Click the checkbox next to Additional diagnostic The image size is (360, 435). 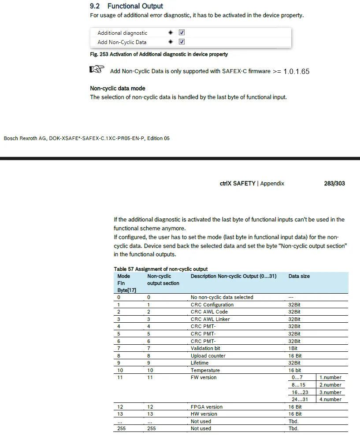click(182, 33)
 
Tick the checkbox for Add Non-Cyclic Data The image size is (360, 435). click(182, 42)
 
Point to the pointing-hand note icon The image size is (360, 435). click(96, 70)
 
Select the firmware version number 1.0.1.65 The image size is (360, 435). click(297, 71)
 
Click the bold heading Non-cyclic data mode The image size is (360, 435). click(118, 88)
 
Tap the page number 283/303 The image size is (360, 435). click(334, 183)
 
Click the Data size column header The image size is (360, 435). click(299, 276)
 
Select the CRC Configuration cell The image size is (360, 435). click(212, 305)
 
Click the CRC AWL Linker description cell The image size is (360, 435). click(210, 319)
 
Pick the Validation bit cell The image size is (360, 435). click(205, 348)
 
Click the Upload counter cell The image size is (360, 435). click(208, 356)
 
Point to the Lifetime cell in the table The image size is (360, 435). click(200, 363)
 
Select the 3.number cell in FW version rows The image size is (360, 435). click(330, 392)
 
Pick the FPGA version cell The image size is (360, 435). click(206, 407)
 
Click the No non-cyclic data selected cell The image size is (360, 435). click(222, 297)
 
